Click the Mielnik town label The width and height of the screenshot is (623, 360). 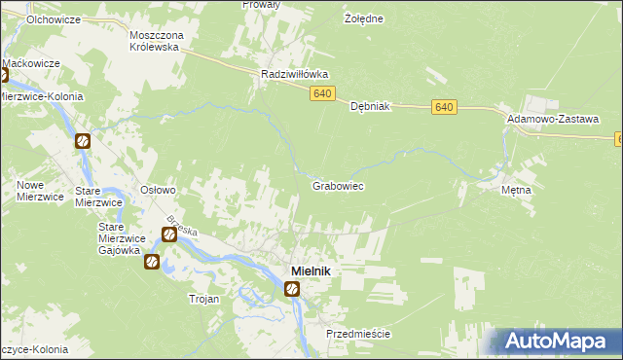click(307, 270)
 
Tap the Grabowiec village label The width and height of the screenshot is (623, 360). click(338, 185)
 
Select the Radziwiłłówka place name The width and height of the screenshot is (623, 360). click(294, 74)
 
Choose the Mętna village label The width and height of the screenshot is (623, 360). click(516, 190)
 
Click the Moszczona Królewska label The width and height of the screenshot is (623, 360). click(156, 40)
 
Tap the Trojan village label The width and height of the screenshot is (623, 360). click(203, 299)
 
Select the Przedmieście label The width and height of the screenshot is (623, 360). click(358, 333)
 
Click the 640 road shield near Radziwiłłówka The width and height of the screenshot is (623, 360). click(324, 93)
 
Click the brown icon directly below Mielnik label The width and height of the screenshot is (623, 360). click(292, 289)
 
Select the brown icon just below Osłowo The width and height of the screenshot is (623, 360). click(167, 234)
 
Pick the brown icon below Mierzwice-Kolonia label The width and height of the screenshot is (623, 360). click(83, 141)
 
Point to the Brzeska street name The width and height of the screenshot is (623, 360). click(182, 231)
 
